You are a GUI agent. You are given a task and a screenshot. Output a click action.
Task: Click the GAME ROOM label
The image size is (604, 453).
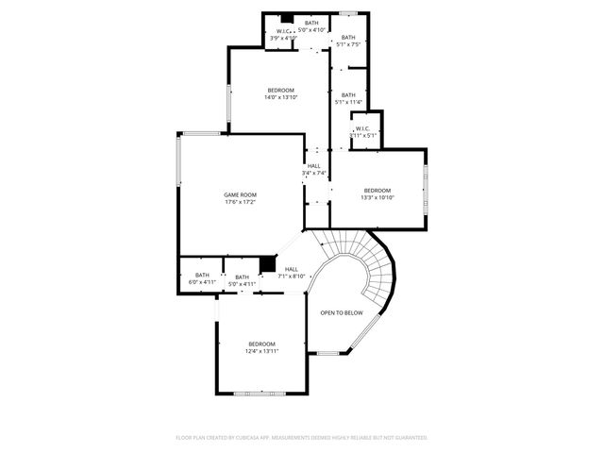(241, 194)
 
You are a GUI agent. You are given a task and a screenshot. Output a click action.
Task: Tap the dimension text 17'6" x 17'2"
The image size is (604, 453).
(241, 202)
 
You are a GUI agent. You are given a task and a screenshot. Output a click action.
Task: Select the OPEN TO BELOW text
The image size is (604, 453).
(341, 312)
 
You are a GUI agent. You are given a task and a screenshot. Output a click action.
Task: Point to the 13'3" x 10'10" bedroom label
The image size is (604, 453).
(377, 191)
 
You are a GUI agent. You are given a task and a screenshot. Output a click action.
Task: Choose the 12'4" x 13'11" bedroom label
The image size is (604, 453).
(261, 343)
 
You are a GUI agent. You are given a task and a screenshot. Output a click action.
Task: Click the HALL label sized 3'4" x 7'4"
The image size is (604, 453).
(313, 166)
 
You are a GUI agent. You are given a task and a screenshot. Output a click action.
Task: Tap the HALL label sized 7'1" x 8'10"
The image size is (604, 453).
(292, 269)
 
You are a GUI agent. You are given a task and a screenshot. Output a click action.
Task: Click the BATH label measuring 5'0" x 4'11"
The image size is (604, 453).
(243, 277)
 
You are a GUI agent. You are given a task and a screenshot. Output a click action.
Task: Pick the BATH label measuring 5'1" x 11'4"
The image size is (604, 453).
(348, 94)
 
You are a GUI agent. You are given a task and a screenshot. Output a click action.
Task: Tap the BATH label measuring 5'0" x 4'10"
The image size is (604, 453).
(311, 22)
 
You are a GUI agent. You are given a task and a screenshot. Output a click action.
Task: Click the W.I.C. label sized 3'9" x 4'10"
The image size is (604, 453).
(283, 31)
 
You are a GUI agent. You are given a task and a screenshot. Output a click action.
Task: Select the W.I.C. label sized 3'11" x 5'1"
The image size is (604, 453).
(362, 129)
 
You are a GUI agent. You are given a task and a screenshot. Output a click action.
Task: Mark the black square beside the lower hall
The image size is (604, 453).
(267, 263)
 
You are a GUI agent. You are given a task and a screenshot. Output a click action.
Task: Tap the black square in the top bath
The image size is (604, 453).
(287, 18)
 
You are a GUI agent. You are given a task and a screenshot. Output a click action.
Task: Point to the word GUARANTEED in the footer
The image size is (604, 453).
(408, 438)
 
